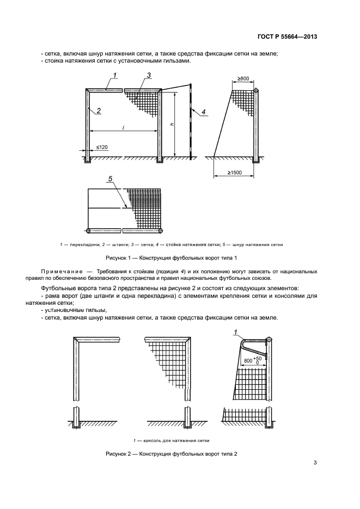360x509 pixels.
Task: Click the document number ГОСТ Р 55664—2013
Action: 288,37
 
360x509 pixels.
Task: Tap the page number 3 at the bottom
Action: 315,463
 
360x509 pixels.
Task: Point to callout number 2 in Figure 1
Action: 99,111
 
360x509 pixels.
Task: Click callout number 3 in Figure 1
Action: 149,75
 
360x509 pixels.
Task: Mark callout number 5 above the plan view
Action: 111,179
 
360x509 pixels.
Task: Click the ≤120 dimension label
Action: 102,147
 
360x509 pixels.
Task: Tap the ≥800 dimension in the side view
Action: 243,79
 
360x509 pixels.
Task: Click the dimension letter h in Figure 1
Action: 171,125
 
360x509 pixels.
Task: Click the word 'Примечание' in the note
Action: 59,271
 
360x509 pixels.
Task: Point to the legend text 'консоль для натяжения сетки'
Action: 174,440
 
